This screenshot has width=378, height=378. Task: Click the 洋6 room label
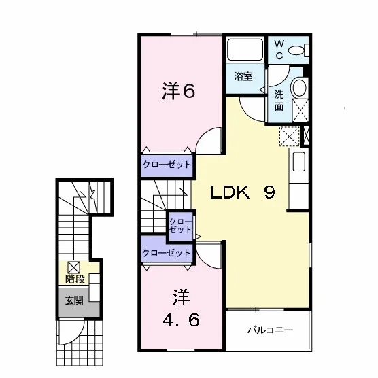click(178, 91)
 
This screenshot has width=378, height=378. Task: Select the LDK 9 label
click(242, 192)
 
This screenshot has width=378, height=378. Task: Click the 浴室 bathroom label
click(243, 76)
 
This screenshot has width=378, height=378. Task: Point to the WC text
click(279, 50)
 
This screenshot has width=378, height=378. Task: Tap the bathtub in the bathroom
click(245, 50)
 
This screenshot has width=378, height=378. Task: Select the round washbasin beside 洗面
click(299, 87)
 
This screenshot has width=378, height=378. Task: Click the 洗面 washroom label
click(279, 101)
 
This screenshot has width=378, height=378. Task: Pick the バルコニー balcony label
click(270, 330)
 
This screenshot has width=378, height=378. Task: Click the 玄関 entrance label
click(74, 300)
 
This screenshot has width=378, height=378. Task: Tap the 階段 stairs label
click(75, 279)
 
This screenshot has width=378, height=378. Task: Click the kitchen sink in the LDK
click(299, 162)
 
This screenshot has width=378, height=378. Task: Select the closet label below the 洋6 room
click(167, 165)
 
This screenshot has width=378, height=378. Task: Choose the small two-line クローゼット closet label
click(180, 226)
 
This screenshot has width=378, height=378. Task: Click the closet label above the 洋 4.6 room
click(167, 253)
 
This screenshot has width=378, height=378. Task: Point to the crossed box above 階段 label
click(73, 267)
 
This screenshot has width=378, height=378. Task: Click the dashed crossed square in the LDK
click(290, 136)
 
